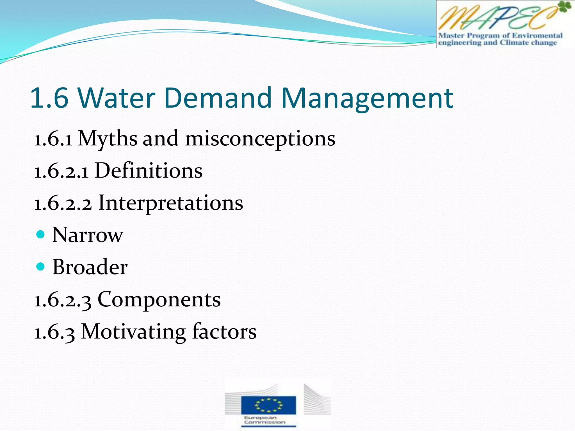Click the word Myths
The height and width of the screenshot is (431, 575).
click(108, 139)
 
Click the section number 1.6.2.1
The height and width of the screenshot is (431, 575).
click(61, 171)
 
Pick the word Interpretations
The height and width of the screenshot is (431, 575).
click(171, 203)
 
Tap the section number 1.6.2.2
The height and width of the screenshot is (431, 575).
click(63, 203)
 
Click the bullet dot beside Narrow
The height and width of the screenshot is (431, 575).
click(41, 234)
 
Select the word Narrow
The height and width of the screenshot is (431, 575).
click(88, 235)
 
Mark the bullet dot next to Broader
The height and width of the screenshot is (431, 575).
click(41, 266)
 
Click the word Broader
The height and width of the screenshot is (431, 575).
click(90, 267)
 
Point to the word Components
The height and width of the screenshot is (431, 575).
click(159, 300)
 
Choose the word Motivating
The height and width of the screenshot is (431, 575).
click(133, 332)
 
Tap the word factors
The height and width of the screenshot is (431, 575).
click(224, 332)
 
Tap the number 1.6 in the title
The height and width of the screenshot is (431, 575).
click(49, 98)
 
